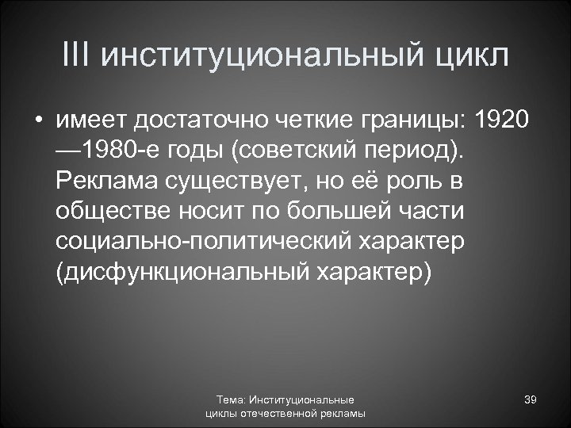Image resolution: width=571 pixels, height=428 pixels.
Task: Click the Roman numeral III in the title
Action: click(x=76, y=57)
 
